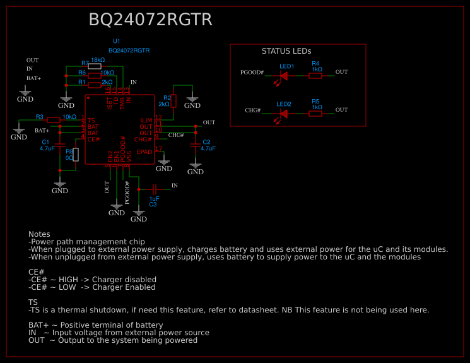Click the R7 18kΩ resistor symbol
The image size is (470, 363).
[x=95, y=66]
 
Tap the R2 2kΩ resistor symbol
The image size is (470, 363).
[x=173, y=100]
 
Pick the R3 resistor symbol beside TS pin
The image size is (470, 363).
[x=53, y=120]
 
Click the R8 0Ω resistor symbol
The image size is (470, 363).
[x=76, y=155]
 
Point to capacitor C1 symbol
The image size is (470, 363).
[x=60, y=145]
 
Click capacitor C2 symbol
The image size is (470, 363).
[x=196, y=145]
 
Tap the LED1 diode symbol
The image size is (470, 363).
[x=283, y=76]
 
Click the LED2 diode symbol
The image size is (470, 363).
[x=283, y=114]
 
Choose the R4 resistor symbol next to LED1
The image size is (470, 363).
[x=315, y=76]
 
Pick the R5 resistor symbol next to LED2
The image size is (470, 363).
[x=315, y=114]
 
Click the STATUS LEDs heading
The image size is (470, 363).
[x=286, y=51]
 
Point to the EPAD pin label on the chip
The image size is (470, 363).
[x=144, y=152]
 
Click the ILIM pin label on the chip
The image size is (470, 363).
[x=146, y=120]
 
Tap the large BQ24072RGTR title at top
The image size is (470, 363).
[x=150, y=20]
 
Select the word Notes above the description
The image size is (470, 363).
[x=39, y=234]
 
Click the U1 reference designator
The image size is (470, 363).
[x=116, y=41]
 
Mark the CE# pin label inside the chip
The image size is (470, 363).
[x=93, y=139]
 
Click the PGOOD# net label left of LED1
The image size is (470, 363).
[x=252, y=73]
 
